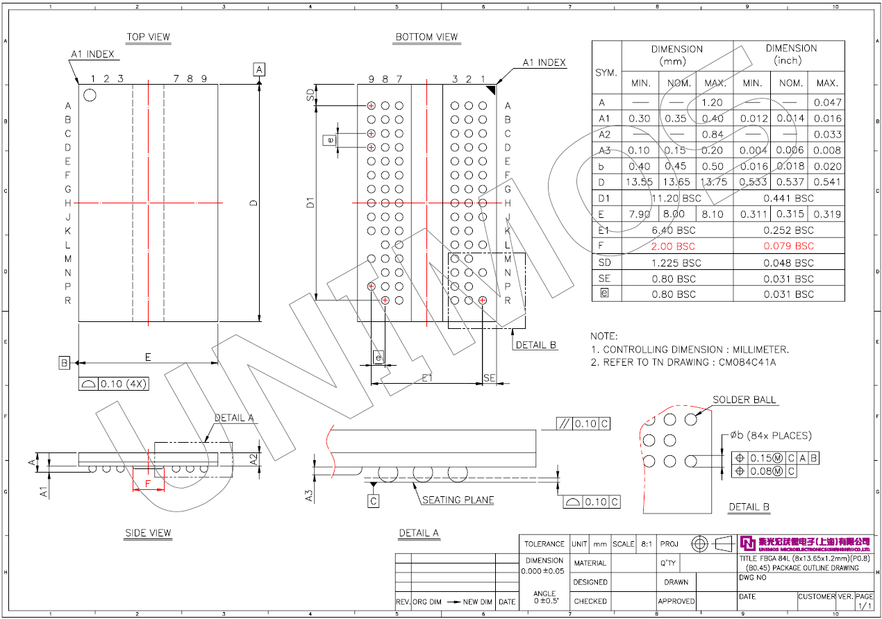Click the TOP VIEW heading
coord(148,37)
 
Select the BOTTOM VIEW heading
coord(426,37)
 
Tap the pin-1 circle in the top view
coord(90,95)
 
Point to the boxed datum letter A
coord(259,69)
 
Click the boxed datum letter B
coord(64,362)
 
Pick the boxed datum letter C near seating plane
coord(374,500)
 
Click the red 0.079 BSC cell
coord(789,246)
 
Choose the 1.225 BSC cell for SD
coord(677,263)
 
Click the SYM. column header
coord(606,73)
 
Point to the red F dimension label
coord(147,482)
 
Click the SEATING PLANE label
coord(458,500)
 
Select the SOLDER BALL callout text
coord(744,400)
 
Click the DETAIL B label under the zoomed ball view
coord(749,507)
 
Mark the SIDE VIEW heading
coord(148,533)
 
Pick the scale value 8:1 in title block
coord(646,544)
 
